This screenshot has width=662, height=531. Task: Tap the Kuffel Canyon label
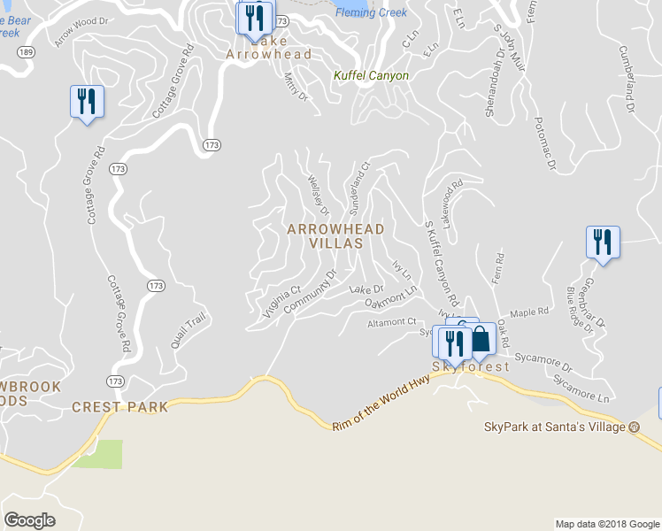click(371, 76)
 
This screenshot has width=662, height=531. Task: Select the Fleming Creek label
click(371, 12)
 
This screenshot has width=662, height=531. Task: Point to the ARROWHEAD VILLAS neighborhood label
click(336, 235)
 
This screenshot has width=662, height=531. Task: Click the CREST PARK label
click(107, 407)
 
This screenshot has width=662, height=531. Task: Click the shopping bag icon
click(479, 339)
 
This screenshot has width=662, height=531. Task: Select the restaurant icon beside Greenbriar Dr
click(603, 242)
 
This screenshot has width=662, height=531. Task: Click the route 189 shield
click(26, 52)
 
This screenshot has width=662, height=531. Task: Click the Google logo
click(29, 520)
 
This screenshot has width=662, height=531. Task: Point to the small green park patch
click(97, 454)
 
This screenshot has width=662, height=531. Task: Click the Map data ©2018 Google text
click(606, 524)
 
